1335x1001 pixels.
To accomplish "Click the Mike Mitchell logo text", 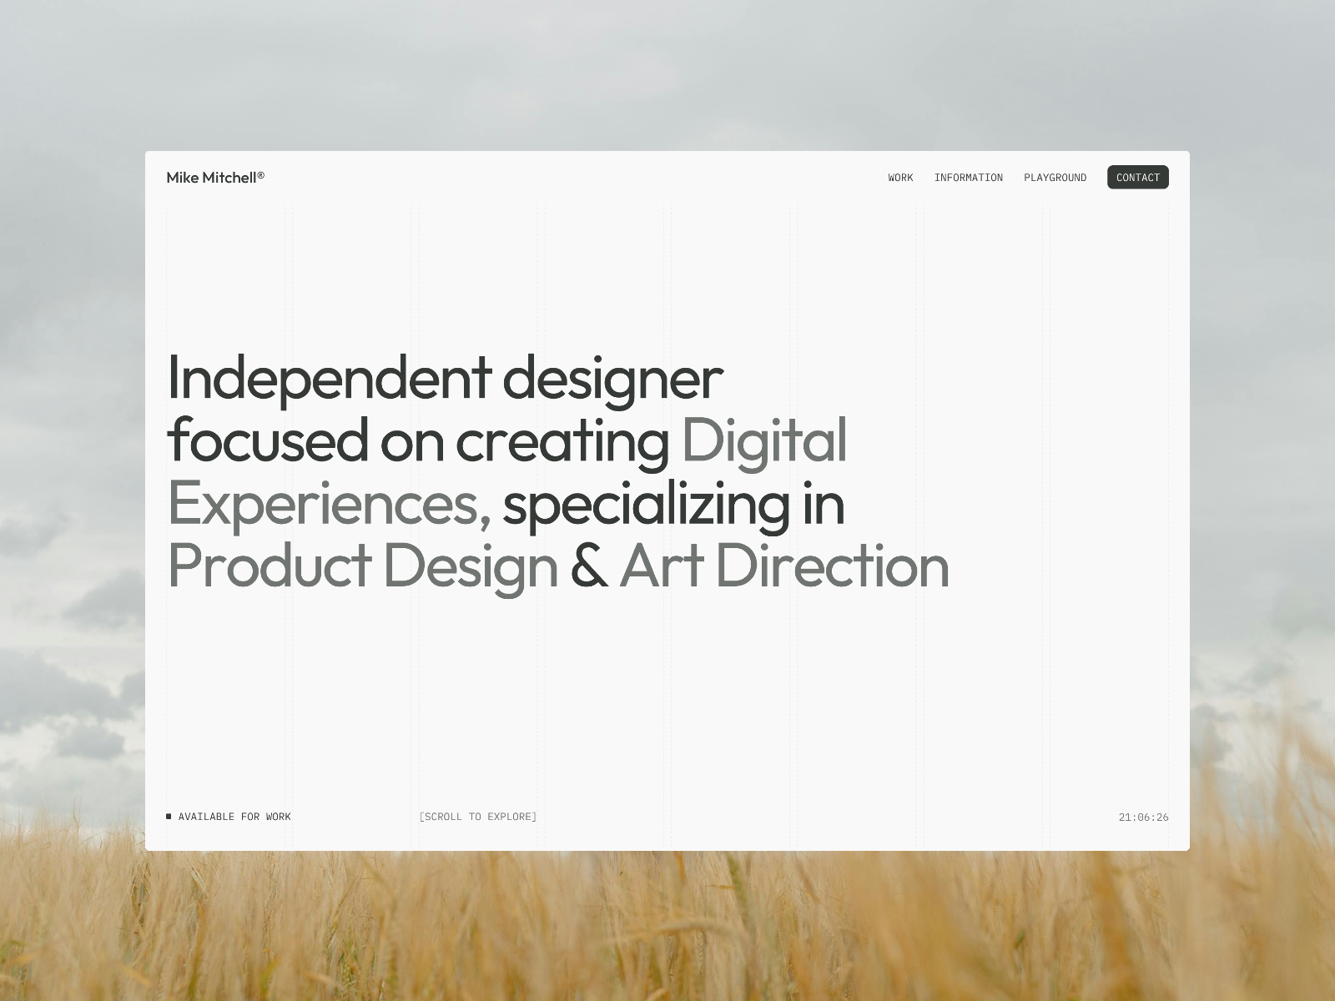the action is point(215,178).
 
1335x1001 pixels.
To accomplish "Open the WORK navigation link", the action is point(900,178).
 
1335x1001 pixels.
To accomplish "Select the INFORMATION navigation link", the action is point(968,178).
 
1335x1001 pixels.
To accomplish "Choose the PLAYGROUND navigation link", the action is point(1055,178).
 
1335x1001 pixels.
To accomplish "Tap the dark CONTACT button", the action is point(1138,178).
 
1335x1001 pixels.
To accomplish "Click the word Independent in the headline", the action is point(329,379).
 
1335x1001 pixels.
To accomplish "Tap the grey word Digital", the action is point(764,442).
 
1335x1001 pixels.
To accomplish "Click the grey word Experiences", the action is point(329,505).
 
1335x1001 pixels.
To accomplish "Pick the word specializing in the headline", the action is point(647,505).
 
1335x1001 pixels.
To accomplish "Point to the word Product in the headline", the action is point(270,566).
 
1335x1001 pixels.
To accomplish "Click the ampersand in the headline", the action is point(589,566).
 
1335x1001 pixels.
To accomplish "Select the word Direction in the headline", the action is point(833,566).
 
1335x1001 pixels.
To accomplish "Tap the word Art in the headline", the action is point(662,566).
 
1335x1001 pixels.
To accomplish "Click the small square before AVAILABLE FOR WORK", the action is point(169,817).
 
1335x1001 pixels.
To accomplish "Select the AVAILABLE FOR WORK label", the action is point(234,817).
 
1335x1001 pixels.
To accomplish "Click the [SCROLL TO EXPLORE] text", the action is point(478,817).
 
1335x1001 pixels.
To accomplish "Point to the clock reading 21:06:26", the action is point(1143,817).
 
